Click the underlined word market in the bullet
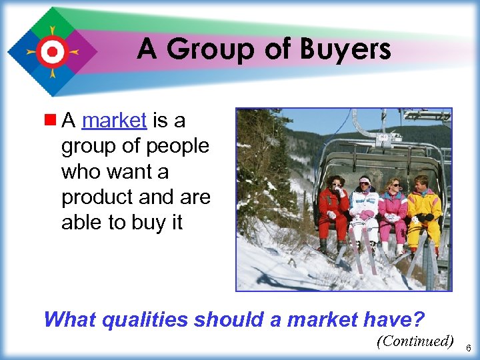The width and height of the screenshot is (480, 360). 113,121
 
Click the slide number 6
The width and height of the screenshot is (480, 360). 468,349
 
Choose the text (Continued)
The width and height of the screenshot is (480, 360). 415,341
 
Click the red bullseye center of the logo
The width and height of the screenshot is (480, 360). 52,51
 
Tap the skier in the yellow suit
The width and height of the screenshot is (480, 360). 424,210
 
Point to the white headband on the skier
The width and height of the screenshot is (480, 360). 365,180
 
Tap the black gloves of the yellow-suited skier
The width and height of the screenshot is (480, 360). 425,217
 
